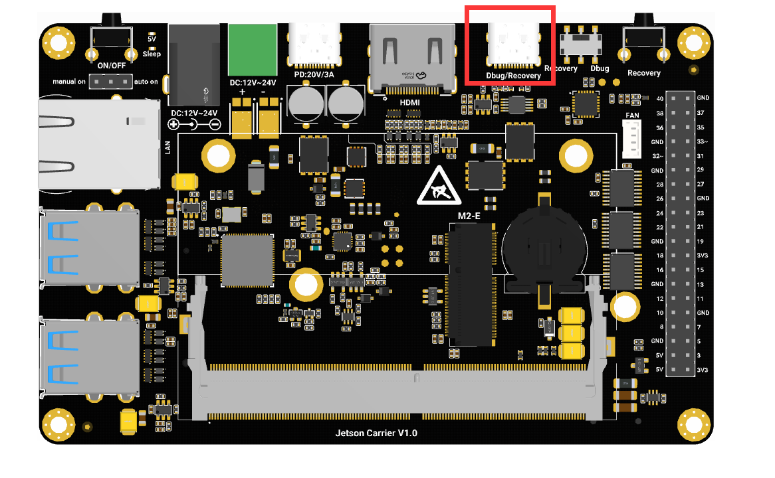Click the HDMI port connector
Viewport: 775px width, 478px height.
pos(412,56)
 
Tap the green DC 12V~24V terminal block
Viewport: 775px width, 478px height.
pos(252,50)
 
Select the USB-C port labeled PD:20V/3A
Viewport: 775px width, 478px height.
pos(314,45)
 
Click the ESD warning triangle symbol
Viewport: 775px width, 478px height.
pos(435,187)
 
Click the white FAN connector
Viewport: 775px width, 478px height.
pos(631,139)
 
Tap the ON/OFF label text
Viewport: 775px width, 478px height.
pos(111,66)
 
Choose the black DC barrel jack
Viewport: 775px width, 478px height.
pos(194,64)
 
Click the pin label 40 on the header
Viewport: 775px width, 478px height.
pos(659,98)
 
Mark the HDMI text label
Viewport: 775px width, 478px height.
pos(409,102)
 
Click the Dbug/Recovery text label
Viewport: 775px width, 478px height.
pos(513,76)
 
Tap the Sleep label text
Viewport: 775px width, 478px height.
pos(152,54)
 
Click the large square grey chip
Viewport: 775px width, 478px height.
pos(247,260)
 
